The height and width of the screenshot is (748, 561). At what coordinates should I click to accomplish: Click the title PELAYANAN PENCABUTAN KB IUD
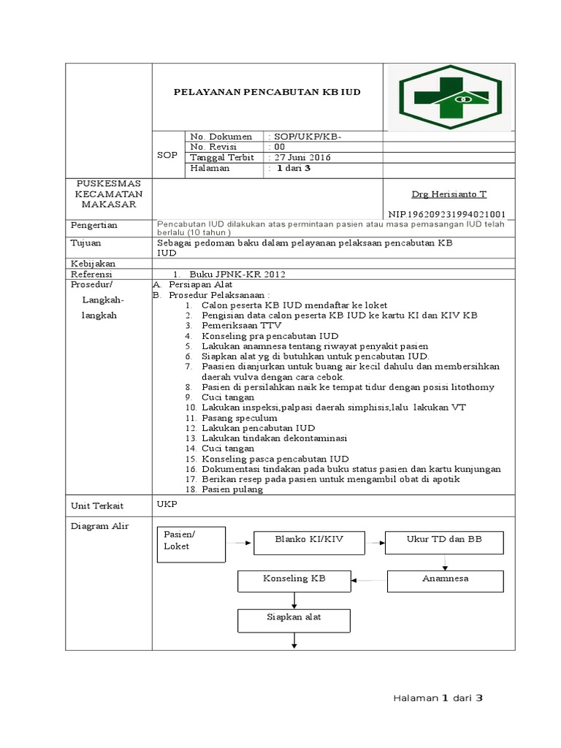tap(267, 93)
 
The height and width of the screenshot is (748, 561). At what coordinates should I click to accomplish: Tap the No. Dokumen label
tap(221, 137)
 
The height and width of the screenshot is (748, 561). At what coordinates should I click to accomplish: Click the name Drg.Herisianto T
tap(449, 194)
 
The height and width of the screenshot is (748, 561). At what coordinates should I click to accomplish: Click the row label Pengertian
tap(93, 225)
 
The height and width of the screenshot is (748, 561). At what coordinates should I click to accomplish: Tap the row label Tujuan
tap(85, 243)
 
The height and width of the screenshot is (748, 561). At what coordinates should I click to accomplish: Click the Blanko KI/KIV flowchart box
tap(308, 542)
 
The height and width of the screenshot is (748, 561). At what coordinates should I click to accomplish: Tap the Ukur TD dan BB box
tap(444, 542)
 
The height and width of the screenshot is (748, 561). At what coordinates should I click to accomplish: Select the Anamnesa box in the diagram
tap(444, 580)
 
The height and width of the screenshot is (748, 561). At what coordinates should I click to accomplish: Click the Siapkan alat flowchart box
tap(294, 619)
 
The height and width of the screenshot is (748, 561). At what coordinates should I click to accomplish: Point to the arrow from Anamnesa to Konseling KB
tap(369, 581)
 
